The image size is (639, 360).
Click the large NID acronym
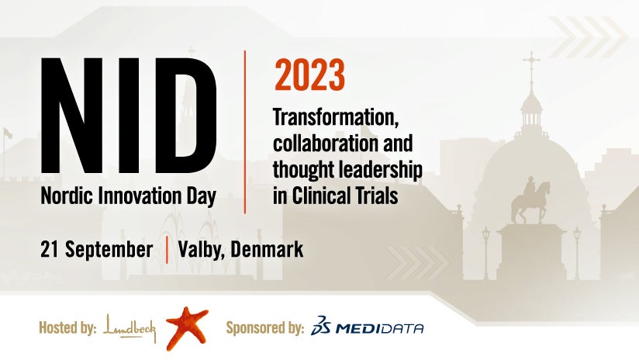129,116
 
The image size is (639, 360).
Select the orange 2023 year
309,75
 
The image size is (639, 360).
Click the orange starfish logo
187,327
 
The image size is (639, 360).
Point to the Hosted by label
67,327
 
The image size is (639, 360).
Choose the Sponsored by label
265,328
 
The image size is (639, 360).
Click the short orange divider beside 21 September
167,250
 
